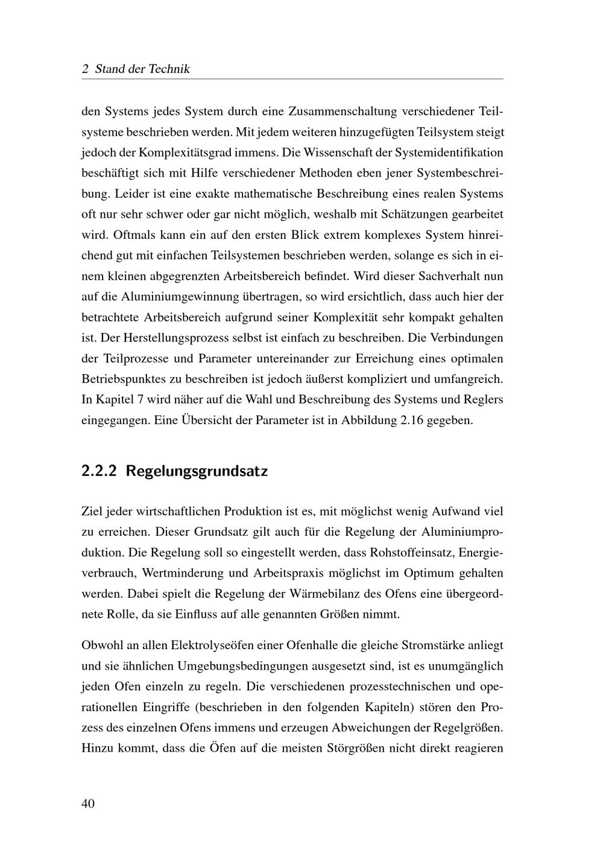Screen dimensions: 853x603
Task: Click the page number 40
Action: [88, 803]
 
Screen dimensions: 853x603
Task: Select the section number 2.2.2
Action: [98, 471]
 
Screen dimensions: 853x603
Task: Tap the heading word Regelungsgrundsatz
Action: [197, 471]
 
